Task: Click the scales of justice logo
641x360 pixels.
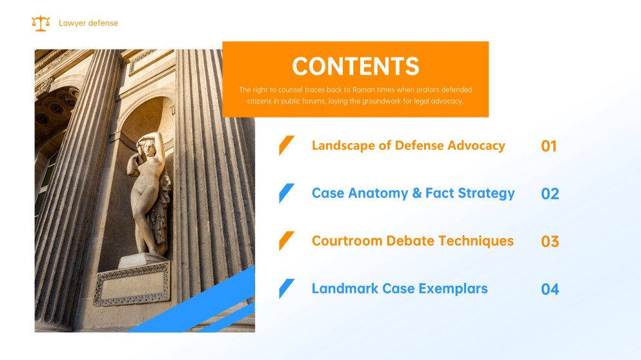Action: pyautogui.click(x=41, y=23)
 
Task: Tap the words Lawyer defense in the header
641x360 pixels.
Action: pyautogui.click(x=88, y=23)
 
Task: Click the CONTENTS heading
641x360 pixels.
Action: pyautogui.click(x=356, y=66)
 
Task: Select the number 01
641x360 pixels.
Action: pyautogui.click(x=549, y=146)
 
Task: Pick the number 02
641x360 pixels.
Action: pyautogui.click(x=550, y=194)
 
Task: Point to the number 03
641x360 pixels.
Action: pyautogui.click(x=550, y=241)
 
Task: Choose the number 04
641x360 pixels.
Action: pyautogui.click(x=550, y=289)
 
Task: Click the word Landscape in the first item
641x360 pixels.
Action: pyautogui.click(x=343, y=146)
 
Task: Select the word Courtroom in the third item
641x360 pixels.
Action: pyautogui.click(x=347, y=241)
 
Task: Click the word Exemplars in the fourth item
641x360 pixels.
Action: pyautogui.click(x=453, y=289)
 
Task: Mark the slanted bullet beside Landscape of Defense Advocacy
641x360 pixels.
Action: pyautogui.click(x=287, y=145)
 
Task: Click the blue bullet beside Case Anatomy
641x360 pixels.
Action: pyautogui.click(x=287, y=194)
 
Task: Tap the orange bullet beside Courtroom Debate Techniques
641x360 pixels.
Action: pyautogui.click(x=287, y=241)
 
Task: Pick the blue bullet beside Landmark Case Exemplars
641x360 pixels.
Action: pyautogui.click(x=287, y=289)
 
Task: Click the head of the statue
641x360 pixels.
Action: pyautogui.click(x=148, y=148)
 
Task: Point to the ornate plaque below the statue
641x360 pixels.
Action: pyautogui.click(x=132, y=284)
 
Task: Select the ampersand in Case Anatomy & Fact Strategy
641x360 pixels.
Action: pyautogui.click(x=417, y=194)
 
